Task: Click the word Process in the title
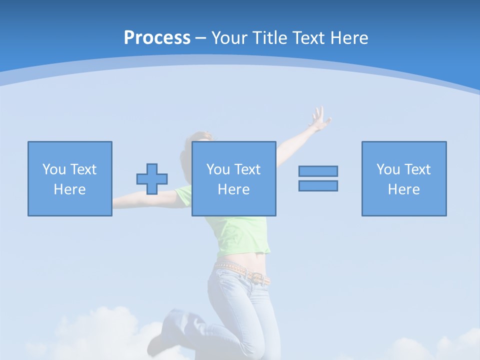[x=157, y=38]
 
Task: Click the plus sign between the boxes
[x=152, y=179]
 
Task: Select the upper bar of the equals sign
[x=318, y=171]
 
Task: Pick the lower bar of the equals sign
[x=318, y=185]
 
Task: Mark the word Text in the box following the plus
[x=247, y=169]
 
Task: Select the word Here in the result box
[x=403, y=189]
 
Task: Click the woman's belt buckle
[x=257, y=278]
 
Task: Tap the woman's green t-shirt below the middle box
[x=240, y=235]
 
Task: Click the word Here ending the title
[x=349, y=38]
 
